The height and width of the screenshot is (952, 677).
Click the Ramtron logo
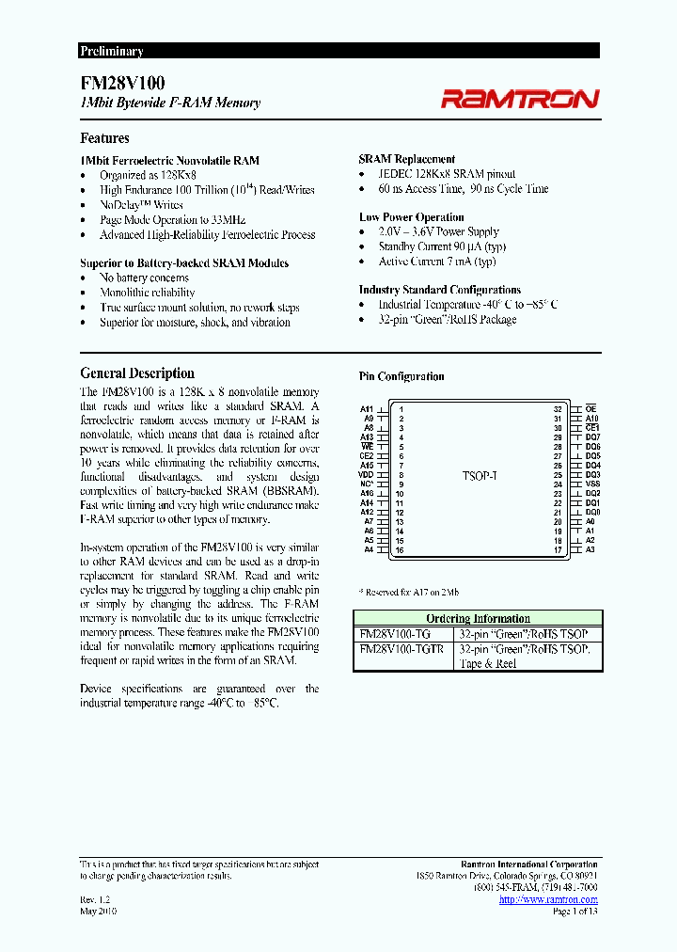click(x=520, y=98)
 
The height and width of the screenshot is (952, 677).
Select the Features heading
click(x=104, y=138)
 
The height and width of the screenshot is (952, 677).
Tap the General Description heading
click(x=137, y=373)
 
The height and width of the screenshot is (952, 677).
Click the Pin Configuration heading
click(x=401, y=376)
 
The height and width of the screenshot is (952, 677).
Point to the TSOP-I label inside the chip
click(x=480, y=476)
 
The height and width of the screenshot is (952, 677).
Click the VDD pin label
click(x=366, y=475)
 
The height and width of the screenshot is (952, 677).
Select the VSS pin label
click(x=592, y=484)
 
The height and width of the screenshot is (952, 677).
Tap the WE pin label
click(x=367, y=446)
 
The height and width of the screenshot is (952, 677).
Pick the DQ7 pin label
click(x=592, y=437)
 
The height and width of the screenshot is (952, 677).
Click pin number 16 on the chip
click(x=400, y=550)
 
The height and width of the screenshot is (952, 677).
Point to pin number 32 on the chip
click(x=558, y=409)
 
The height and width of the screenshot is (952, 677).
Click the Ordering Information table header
click(x=478, y=618)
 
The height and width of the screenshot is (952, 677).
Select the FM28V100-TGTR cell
click(x=403, y=649)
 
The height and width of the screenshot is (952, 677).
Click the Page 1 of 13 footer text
click(x=575, y=912)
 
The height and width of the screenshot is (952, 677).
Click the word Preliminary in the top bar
click(x=111, y=52)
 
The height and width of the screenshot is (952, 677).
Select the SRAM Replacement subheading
click(x=407, y=159)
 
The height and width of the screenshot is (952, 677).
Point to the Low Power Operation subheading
click(x=411, y=217)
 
